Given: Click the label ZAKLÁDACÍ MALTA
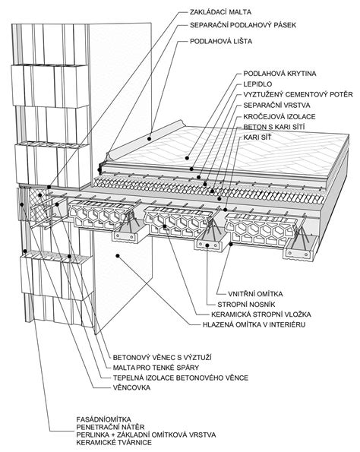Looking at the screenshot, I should [x=217, y=12].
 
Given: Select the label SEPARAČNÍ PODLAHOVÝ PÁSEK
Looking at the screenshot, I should [x=243, y=26].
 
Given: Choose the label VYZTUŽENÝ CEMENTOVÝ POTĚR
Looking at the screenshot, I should [x=298, y=94].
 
